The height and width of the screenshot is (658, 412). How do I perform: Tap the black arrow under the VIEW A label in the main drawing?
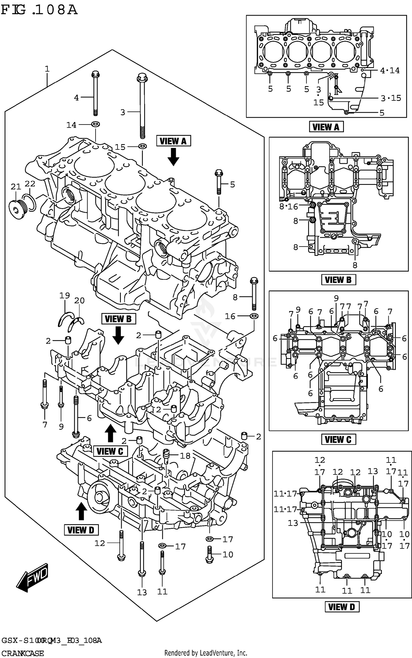click(x=173, y=157)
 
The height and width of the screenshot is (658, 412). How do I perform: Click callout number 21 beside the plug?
click(x=16, y=187)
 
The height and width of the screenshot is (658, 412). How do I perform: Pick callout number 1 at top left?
click(x=47, y=69)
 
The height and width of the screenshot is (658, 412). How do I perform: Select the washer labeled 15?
click(x=142, y=146)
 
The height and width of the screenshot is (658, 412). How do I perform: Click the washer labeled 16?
click(x=254, y=316)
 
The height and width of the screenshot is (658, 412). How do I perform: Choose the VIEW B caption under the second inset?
click(x=338, y=280)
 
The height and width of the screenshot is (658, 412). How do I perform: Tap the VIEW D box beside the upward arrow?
click(x=81, y=530)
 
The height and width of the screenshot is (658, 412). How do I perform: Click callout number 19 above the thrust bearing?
click(x=65, y=295)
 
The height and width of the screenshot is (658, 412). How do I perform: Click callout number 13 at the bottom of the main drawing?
click(x=142, y=592)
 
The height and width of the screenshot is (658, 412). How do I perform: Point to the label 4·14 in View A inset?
click(x=389, y=70)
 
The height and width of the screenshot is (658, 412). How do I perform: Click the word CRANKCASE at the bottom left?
click(x=23, y=653)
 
